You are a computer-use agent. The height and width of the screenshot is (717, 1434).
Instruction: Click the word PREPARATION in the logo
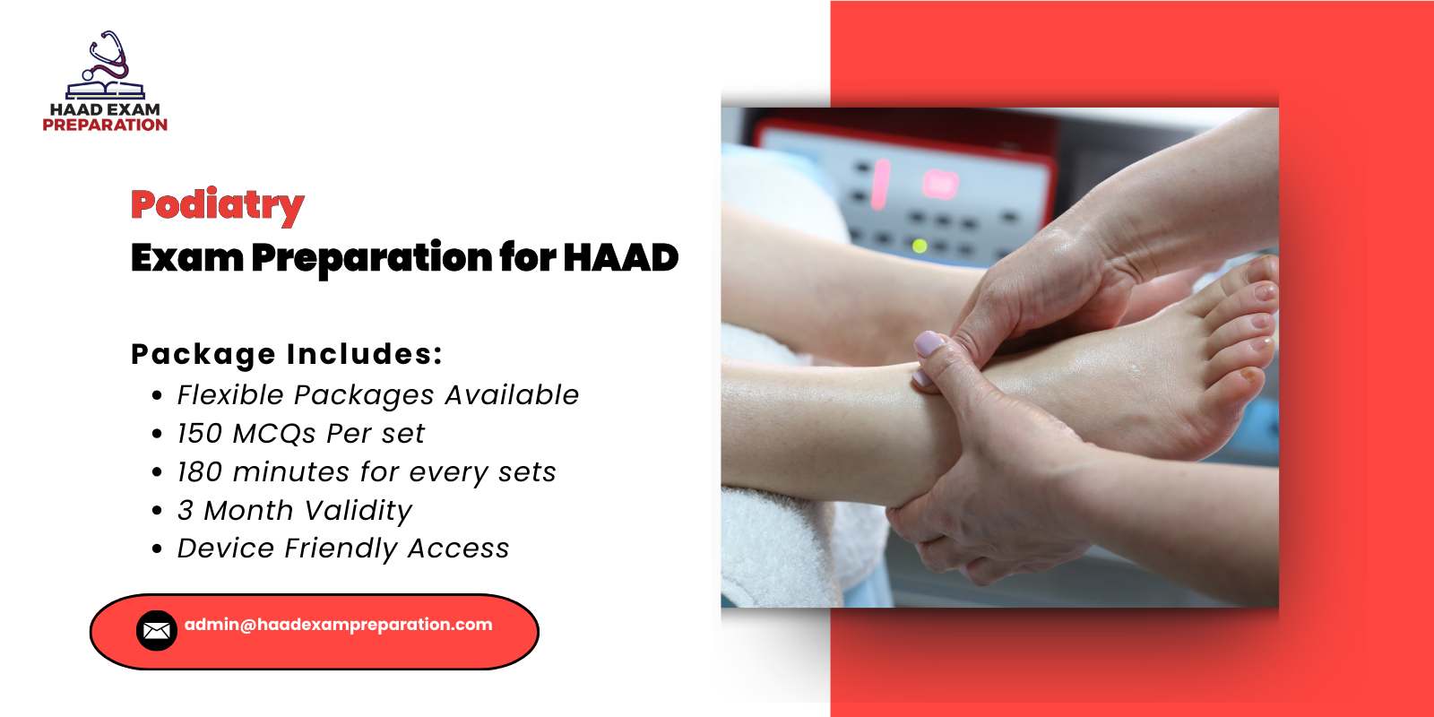click(x=105, y=125)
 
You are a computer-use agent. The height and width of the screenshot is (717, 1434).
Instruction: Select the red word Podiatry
click(x=217, y=205)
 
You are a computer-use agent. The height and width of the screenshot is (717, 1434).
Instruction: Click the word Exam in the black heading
click(x=186, y=258)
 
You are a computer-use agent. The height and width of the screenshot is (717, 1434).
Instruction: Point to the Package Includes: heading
click(x=287, y=354)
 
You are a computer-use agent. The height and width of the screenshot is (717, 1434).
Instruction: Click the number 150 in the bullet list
click(x=199, y=434)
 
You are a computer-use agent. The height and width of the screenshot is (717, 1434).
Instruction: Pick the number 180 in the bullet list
click(x=199, y=472)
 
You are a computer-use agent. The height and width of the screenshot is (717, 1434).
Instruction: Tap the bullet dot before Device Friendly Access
click(x=157, y=549)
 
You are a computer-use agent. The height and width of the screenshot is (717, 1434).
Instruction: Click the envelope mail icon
click(x=156, y=631)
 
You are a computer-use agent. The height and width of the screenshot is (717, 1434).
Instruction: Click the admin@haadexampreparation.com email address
click(x=338, y=625)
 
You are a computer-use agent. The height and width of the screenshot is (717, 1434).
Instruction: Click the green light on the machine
click(x=919, y=245)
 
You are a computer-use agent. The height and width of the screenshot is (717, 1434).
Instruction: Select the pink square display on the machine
click(x=939, y=185)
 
